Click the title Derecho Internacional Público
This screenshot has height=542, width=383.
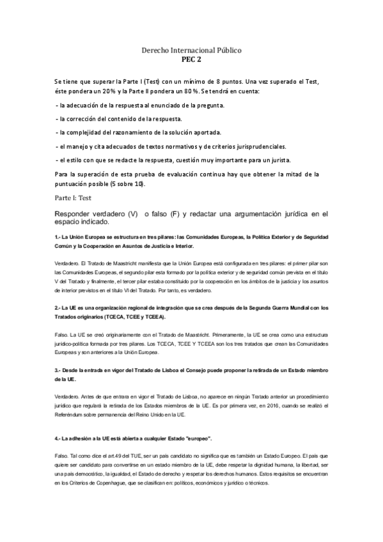(191, 49)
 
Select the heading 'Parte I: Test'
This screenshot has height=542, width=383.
(74, 198)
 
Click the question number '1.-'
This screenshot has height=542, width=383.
(58, 237)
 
